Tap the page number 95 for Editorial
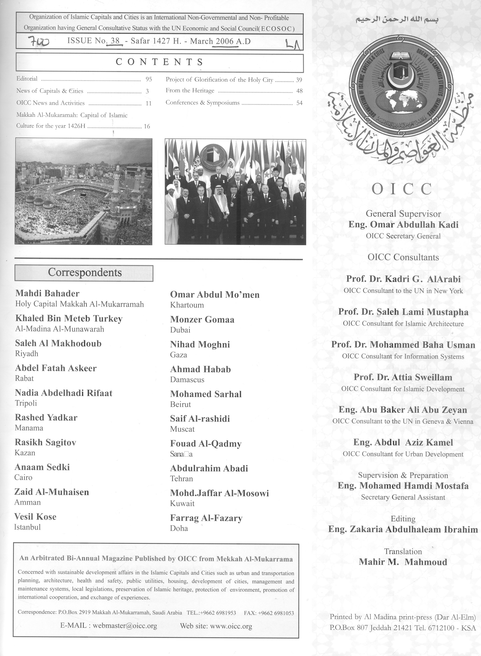[x=149, y=79]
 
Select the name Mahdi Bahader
[x=47, y=293]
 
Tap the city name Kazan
[x=25, y=453]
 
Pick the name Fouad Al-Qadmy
[x=206, y=444]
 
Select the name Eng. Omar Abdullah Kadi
[x=403, y=225]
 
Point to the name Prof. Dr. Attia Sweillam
[x=403, y=377]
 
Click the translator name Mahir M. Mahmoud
[x=403, y=562]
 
